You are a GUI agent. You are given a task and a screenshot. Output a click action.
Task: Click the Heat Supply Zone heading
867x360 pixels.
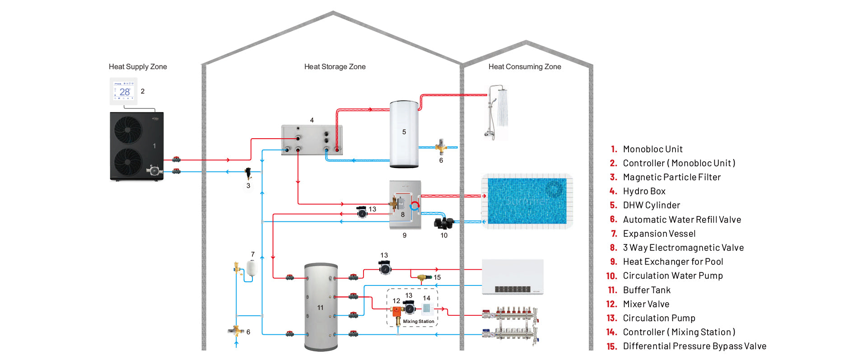point(138,67)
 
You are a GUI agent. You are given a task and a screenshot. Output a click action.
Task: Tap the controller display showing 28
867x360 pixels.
point(124,91)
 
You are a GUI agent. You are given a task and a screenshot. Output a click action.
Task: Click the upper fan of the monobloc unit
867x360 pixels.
point(128,130)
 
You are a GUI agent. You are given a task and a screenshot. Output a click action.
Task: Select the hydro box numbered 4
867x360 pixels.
point(312,140)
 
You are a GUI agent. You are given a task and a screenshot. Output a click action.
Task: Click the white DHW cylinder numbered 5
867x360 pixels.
point(404,134)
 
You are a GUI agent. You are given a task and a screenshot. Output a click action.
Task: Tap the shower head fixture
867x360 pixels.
point(498,111)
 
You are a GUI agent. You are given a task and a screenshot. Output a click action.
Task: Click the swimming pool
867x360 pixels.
point(527,201)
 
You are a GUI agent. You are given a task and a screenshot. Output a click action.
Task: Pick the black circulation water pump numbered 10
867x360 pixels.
point(443,223)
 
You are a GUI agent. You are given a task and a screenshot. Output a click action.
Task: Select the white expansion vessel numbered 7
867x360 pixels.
point(252,268)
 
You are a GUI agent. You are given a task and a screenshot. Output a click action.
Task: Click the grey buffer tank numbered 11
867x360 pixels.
point(321,307)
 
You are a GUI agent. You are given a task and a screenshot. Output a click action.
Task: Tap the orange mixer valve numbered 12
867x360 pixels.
point(396,311)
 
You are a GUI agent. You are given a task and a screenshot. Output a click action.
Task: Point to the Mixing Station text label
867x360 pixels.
point(419,322)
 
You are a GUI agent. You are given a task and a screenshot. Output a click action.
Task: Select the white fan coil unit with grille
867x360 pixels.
point(513,277)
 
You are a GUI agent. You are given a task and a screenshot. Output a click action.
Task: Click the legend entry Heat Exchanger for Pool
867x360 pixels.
point(673,262)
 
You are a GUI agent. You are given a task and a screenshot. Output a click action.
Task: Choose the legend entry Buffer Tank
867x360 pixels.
point(647,290)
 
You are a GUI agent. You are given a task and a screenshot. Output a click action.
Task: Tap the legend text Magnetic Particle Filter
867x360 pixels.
point(671,177)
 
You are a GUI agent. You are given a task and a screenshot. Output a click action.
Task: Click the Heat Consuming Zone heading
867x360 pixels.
point(525,67)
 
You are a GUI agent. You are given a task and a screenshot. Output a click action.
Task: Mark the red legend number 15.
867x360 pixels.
point(611,346)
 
